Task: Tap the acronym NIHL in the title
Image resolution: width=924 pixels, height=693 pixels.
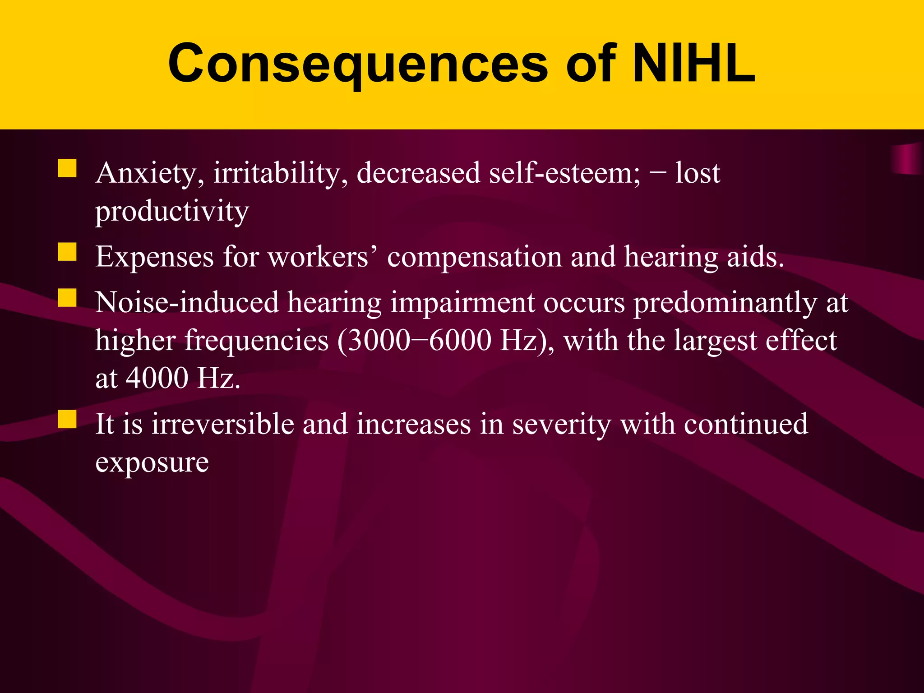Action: (x=694, y=64)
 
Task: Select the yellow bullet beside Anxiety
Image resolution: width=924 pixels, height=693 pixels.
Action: (x=67, y=168)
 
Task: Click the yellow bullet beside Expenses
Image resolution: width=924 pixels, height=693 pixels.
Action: (x=67, y=252)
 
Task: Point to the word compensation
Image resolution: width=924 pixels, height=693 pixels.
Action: (x=474, y=257)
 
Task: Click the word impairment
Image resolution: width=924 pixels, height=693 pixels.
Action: (x=462, y=303)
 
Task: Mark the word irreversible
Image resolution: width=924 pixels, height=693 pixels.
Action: (x=222, y=425)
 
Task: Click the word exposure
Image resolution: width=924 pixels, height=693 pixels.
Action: (x=152, y=462)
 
